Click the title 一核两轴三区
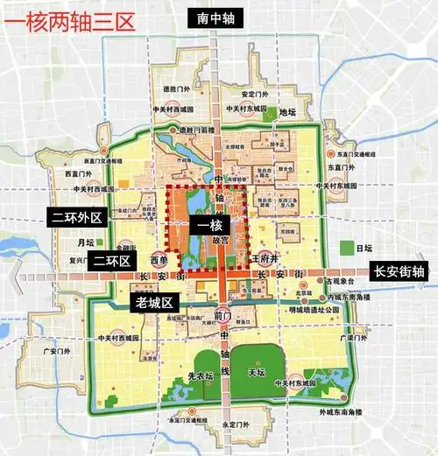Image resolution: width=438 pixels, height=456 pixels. (x=69, y=20)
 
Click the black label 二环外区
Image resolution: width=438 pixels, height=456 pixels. (x=75, y=215)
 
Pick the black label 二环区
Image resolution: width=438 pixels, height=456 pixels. (x=111, y=261)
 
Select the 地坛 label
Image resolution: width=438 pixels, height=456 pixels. (x=287, y=112)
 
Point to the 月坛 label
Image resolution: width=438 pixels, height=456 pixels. (x=85, y=242)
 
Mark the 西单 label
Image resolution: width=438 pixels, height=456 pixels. (x=158, y=260)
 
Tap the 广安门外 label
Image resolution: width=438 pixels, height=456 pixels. (x=57, y=351)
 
